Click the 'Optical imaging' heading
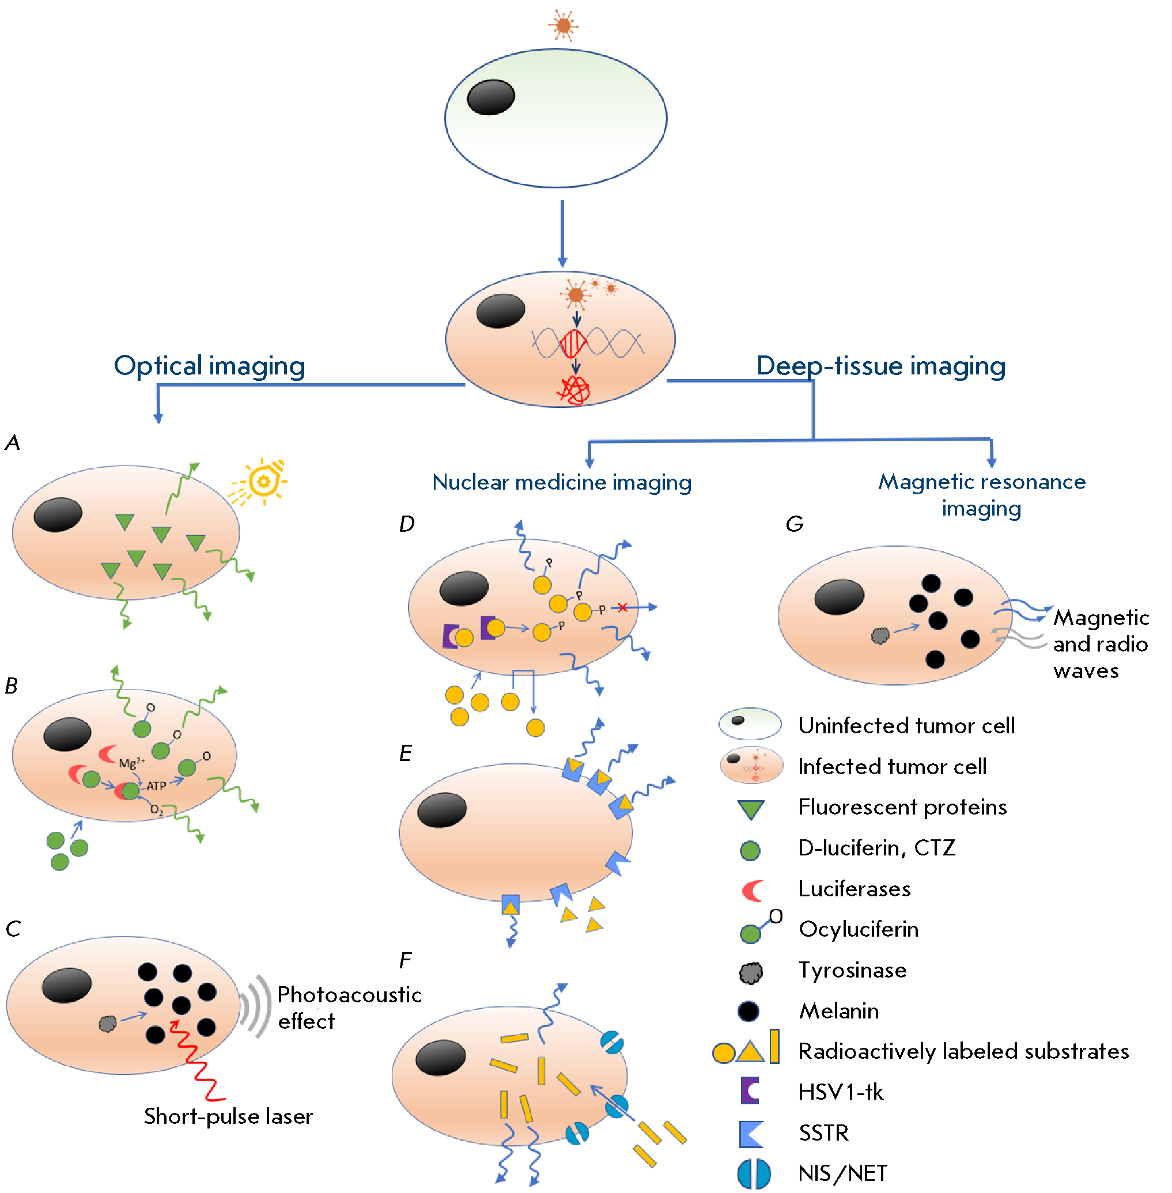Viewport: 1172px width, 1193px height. pyautogui.click(x=209, y=366)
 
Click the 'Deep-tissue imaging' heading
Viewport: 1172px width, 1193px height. pyautogui.click(x=880, y=366)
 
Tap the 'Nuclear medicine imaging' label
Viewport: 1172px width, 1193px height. pyautogui.click(x=561, y=482)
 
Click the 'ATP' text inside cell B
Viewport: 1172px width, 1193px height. pyautogui.click(x=156, y=786)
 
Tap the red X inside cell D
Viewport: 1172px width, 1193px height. pyautogui.click(x=622, y=608)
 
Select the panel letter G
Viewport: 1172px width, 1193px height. pyautogui.click(x=794, y=524)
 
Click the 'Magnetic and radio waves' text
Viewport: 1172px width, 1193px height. pyautogui.click(x=1100, y=643)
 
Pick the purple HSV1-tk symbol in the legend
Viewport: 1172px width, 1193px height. pyautogui.click(x=750, y=1091)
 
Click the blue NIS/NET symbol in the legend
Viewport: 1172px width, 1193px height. pyautogui.click(x=754, y=1173)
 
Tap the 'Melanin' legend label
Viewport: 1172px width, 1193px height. pyautogui.click(x=838, y=1011)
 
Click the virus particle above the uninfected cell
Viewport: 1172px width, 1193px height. pyautogui.click(x=563, y=25)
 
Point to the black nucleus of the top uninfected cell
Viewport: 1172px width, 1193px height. pyautogui.click(x=490, y=97)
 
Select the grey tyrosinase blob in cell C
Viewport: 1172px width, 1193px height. pyautogui.click(x=108, y=1024)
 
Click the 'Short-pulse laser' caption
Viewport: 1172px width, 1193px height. pyautogui.click(x=228, y=1116)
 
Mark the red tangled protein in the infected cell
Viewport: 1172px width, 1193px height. pyautogui.click(x=574, y=390)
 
